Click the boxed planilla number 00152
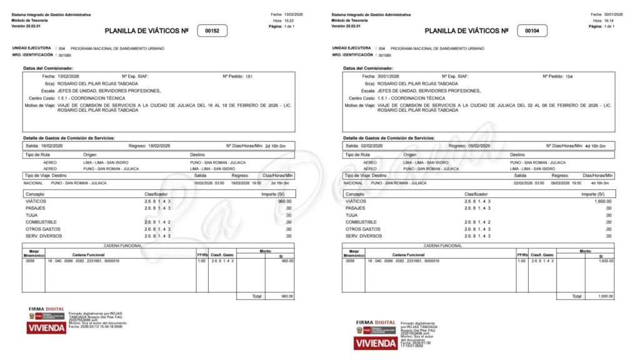212,31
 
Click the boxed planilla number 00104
532,31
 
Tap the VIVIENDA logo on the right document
375,342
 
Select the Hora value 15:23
290,20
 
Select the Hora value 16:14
609,20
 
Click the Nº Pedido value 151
249,76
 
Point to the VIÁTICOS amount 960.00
284,201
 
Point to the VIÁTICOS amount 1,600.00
602,201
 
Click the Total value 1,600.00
604,296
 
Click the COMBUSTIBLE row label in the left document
41,222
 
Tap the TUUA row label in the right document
352,215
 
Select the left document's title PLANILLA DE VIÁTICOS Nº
146,31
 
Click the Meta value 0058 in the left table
30,261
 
